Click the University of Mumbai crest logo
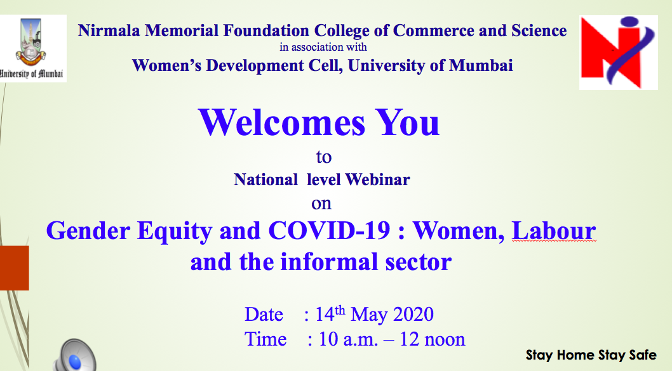coord(33,48)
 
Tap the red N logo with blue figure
coord(618,53)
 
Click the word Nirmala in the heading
coord(109,31)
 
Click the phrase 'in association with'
coord(323,47)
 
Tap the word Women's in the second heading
coord(166,65)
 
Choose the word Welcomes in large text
coord(281,122)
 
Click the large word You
coord(408,122)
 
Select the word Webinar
coord(377,179)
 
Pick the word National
coord(265,179)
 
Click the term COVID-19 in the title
coord(329,231)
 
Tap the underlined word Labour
coord(554,231)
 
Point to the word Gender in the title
coord(88,231)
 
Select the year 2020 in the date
coord(413,314)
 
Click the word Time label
coord(265,339)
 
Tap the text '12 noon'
coord(432,339)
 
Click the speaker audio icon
coord(74,356)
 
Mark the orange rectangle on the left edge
coord(15,268)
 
